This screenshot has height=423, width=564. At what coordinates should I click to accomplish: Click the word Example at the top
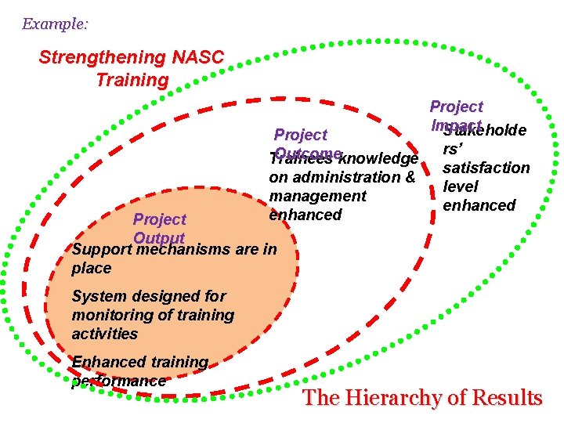tap(53, 24)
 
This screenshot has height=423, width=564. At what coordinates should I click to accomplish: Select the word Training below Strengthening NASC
tap(132, 80)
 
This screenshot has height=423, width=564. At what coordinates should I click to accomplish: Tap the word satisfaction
tap(486, 168)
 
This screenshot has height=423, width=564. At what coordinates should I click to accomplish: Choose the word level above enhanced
tap(461, 186)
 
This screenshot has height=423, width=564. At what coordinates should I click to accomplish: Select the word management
tap(317, 196)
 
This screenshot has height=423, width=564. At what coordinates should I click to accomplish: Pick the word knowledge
tap(379, 159)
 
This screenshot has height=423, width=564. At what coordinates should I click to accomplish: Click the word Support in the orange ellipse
tap(100, 250)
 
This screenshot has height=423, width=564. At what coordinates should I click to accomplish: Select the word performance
tap(118, 381)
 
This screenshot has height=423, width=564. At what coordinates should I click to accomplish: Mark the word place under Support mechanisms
tap(91, 268)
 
